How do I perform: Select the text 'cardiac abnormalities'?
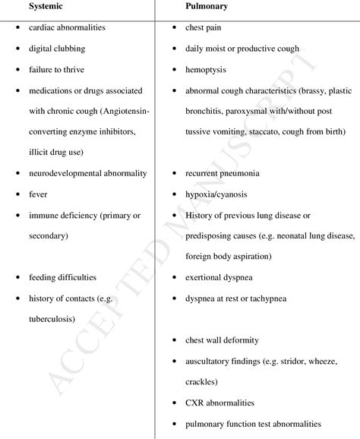click(x=67, y=28)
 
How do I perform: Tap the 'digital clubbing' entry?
click(x=57, y=49)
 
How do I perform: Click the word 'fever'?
click(x=38, y=194)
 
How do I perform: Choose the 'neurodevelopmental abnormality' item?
click(x=88, y=173)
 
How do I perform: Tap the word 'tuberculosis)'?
click(x=52, y=319)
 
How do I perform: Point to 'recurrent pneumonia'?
click(x=223, y=173)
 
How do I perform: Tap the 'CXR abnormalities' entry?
click(x=220, y=403)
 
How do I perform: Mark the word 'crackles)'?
click(x=202, y=382)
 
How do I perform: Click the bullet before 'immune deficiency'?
click(x=17, y=216)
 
